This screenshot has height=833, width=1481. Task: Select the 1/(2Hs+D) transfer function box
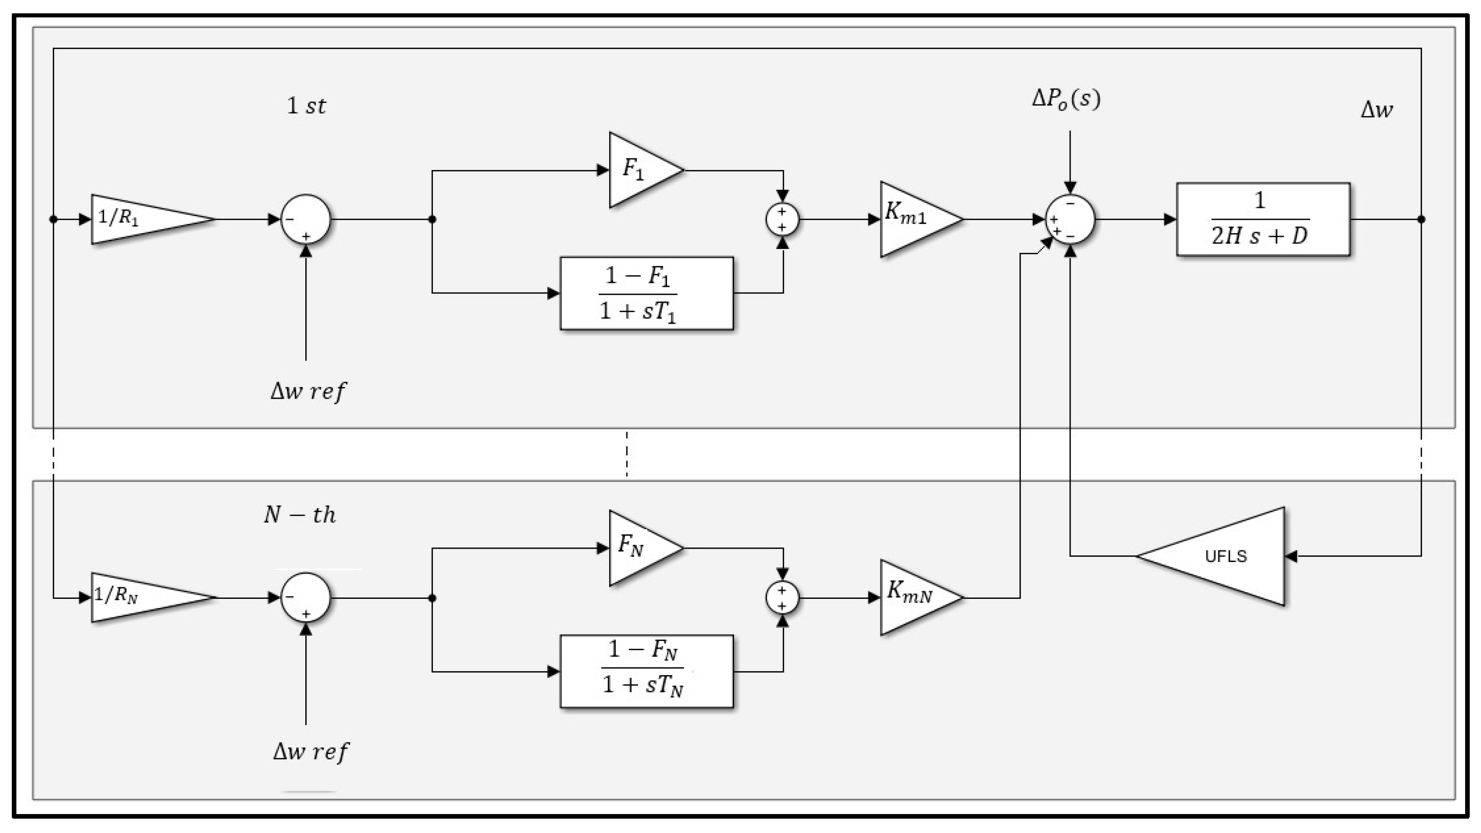[1263, 219]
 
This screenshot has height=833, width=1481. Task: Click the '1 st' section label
[306, 106]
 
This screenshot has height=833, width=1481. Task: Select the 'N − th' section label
[300, 514]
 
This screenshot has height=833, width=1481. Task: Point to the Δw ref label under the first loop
[308, 391]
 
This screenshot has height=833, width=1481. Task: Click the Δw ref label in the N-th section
[310, 752]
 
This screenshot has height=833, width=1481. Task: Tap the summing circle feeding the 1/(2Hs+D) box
[1070, 219]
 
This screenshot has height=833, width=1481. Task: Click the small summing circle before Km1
[782, 219]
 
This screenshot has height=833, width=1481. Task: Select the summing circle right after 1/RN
[306, 597]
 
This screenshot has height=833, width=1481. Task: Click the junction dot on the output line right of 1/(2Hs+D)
[1421, 219]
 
